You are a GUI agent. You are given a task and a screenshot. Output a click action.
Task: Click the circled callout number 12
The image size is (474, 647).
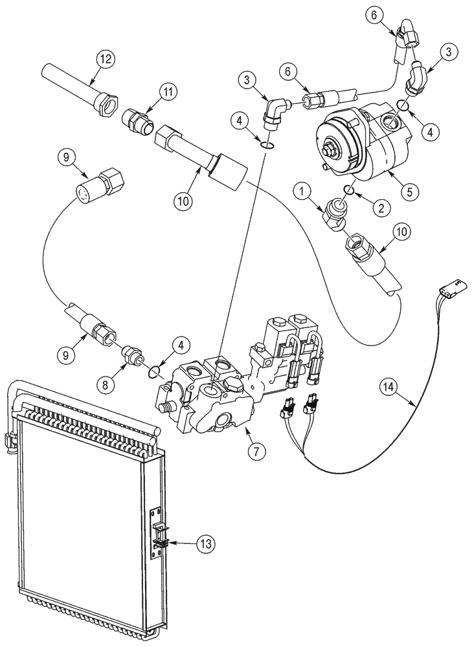(x=105, y=58)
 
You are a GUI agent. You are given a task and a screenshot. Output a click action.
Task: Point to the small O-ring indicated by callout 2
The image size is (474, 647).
(x=348, y=190)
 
